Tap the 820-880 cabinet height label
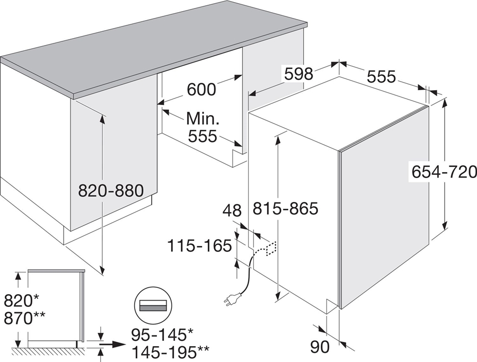tap(111, 190)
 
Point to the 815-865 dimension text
tap(285, 209)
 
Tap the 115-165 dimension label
tap(200, 246)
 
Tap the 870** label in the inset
tap(24, 317)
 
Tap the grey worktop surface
tap(159, 48)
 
